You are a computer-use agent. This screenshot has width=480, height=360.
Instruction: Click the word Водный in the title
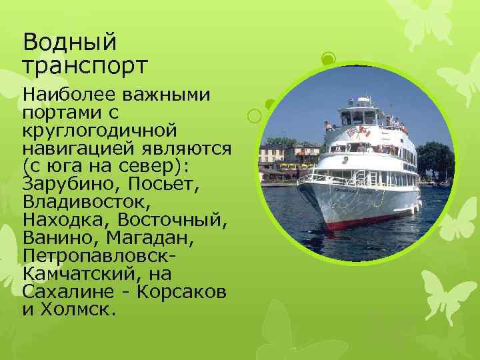pyautogui.click(x=69, y=42)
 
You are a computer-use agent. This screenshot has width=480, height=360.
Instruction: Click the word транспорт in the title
pyautogui.click(x=85, y=67)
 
